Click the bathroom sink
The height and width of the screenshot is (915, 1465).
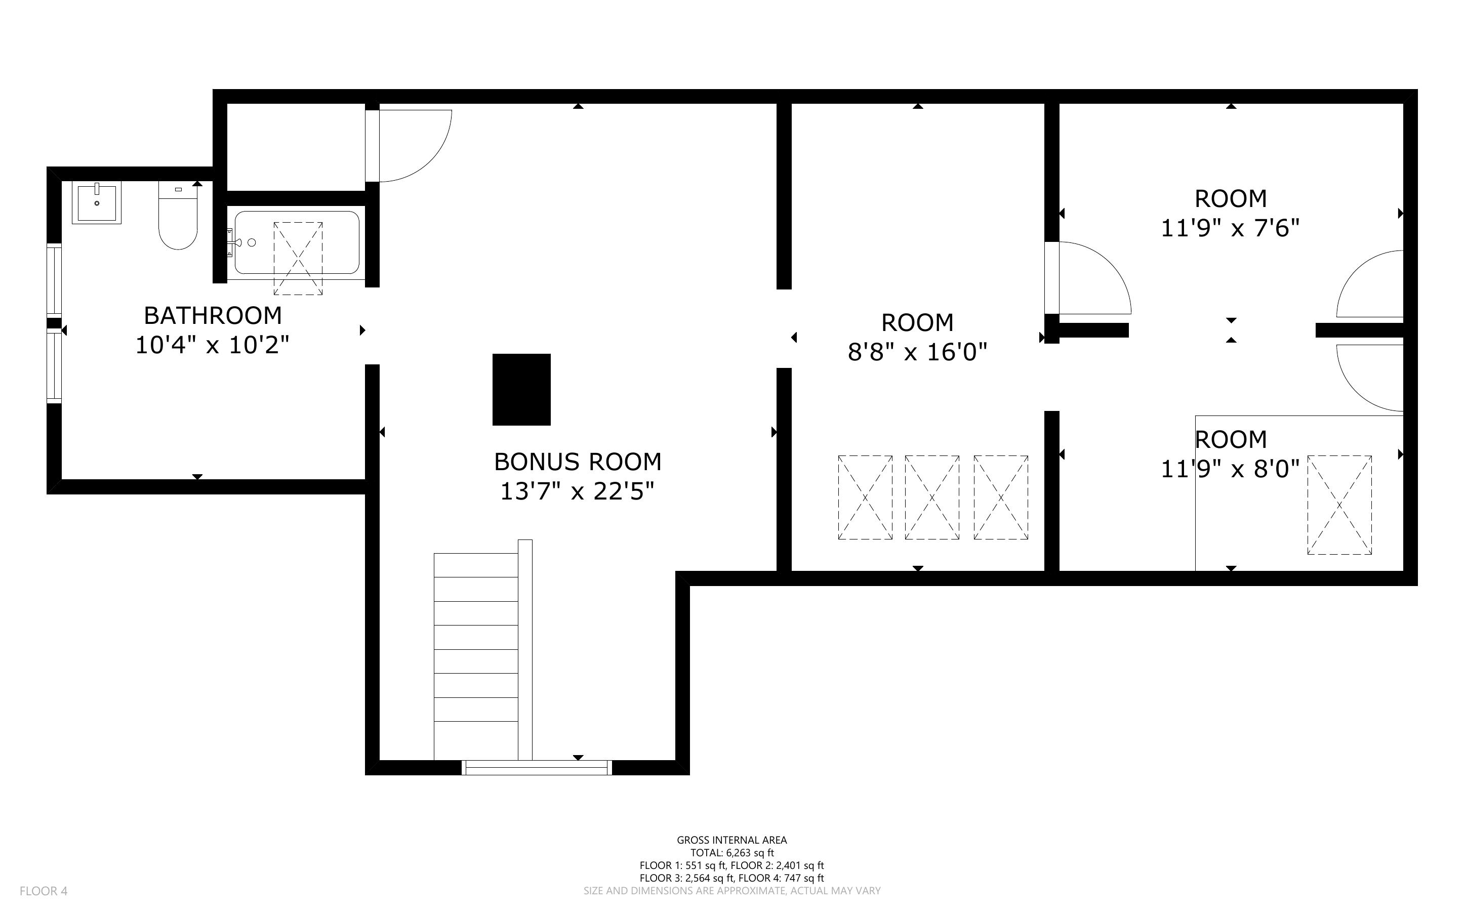click(97, 202)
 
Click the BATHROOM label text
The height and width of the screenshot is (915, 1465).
click(213, 315)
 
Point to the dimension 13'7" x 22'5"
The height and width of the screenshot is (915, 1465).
click(577, 491)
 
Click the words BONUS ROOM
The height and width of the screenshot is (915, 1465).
click(577, 462)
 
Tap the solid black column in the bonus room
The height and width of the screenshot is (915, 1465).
click(521, 389)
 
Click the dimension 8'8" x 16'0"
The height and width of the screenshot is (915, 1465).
click(917, 352)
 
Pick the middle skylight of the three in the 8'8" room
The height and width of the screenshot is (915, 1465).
click(931, 497)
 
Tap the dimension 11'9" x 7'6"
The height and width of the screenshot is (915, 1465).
click(1230, 228)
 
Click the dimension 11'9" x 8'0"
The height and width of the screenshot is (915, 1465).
click(1230, 469)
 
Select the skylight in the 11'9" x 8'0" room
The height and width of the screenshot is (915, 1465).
click(1339, 505)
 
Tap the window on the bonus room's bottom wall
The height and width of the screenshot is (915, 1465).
click(536, 767)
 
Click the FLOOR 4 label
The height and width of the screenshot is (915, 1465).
click(44, 891)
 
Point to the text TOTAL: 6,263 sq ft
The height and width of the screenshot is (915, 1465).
click(731, 853)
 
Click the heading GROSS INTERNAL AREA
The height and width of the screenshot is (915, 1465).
click(731, 840)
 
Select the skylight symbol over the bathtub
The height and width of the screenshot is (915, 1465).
click(298, 259)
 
